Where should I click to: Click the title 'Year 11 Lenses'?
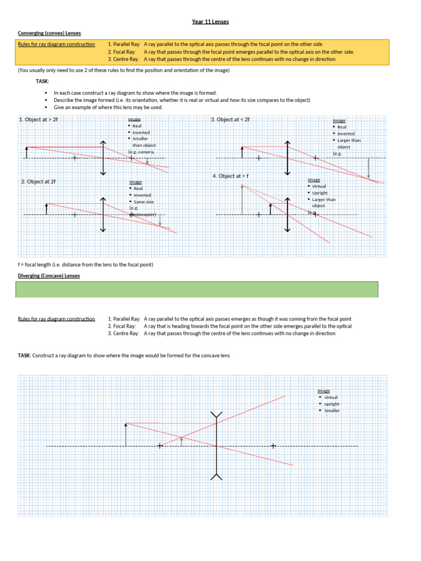[210, 21]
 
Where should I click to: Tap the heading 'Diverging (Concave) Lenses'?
[49, 276]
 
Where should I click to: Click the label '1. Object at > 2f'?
[38, 119]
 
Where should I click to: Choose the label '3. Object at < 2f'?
[230, 119]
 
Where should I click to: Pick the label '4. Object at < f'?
[231, 176]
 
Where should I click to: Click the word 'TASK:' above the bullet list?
[43, 81]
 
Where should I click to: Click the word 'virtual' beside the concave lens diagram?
[331, 397]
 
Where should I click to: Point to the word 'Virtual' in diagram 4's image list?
[319, 186]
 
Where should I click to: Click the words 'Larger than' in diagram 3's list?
[349, 140]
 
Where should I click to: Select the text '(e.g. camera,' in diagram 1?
[141, 152]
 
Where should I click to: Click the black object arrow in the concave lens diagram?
[126, 434]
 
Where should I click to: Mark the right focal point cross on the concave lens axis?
[273, 446]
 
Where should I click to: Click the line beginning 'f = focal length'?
[86, 265]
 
